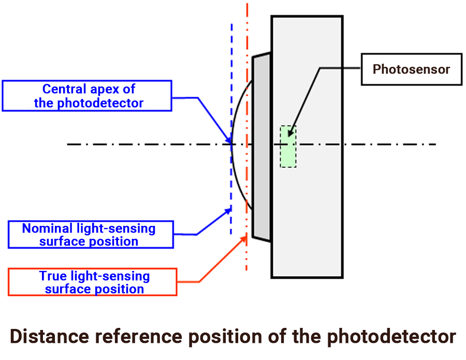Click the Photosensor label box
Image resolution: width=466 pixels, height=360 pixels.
point(411,69)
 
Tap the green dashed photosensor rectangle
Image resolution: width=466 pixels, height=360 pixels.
point(288,147)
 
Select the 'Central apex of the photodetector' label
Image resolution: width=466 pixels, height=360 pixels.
point(86,96)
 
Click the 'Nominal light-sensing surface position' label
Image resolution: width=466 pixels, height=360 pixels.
point(90,235)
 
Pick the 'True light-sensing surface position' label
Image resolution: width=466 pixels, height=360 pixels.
point(93,282)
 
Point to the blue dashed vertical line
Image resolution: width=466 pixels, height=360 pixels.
point(231,78)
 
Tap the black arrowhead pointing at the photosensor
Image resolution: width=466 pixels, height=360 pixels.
point(291,133)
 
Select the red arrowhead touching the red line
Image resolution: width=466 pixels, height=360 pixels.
point(244,239)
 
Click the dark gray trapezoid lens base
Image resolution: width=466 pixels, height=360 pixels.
point(261,145)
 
